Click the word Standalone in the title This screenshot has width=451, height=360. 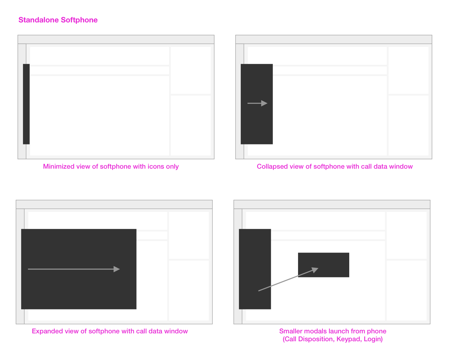click(x=38, y=20)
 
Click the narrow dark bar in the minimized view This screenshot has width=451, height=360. click(x=26, y=104)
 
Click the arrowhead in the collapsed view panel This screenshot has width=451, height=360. click(x=264, y=103)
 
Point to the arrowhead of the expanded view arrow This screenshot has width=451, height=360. click(x=117, y=269)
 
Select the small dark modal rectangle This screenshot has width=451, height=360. click(x=323, y=265)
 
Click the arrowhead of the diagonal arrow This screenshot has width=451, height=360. click(x=315, y=270)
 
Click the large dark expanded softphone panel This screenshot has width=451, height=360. click(x=79, y=269)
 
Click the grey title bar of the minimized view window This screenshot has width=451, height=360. click(x=116, y=39)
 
